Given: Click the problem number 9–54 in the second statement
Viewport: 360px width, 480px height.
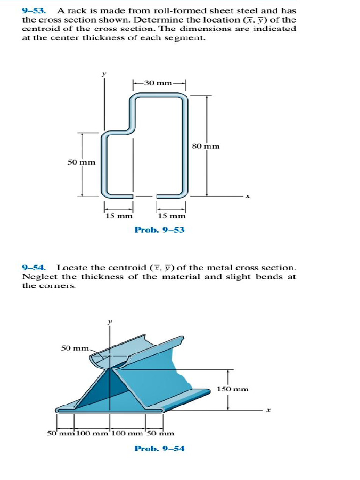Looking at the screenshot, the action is point(34,268).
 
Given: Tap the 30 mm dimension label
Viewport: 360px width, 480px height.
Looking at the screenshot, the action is point(157,83).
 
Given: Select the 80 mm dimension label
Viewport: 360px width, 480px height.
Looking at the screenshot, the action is point(206,146).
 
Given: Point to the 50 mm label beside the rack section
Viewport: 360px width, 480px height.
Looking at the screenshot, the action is point(82,162).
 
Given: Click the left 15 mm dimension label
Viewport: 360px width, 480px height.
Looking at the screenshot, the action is point(119,216).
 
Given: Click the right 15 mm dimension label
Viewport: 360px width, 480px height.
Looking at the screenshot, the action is point(172,216).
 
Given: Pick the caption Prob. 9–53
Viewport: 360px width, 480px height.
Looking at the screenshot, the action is point(159,230).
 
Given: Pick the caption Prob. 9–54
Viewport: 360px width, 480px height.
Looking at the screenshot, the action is point(159,449).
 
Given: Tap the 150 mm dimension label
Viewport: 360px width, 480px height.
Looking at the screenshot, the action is point(233,389).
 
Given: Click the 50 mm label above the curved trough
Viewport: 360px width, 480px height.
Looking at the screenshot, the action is point(75,348).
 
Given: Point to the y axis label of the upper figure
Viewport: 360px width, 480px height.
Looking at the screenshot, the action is point(105,73).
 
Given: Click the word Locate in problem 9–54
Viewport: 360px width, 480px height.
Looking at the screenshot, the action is point(70,268).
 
